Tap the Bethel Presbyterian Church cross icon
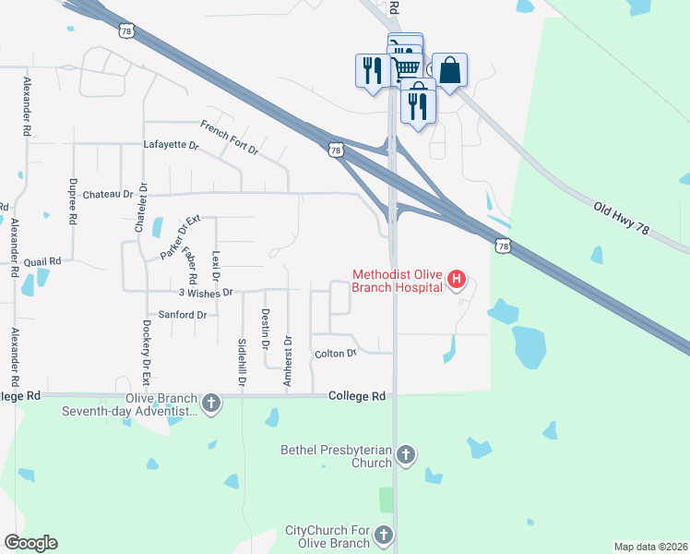(406, 454)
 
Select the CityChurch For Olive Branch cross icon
(384, 535)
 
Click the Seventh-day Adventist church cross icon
(211, 403)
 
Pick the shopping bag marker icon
(449, 70)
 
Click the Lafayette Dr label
(171, 145)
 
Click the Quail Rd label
(42, 261)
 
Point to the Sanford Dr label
(182, 315)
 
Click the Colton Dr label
(335, 354)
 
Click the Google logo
(30, 543)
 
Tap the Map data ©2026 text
(649, 547)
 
